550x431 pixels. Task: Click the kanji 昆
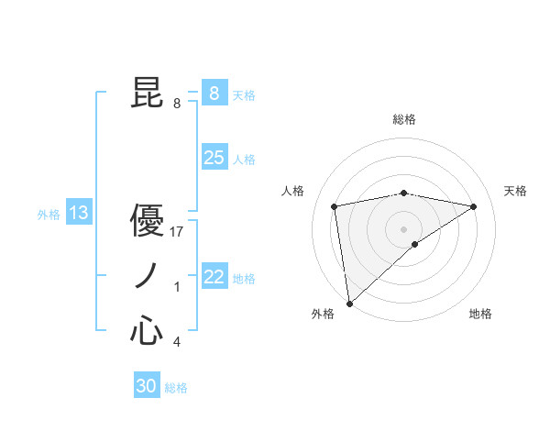(147, 94)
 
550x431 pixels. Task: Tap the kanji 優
(147, 221)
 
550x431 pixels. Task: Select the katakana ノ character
(147, 276)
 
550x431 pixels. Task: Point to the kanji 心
(147, 331)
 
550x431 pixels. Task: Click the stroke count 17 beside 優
(178, 232)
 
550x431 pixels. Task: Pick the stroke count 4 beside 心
(177, 342)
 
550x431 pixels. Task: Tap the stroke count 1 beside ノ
(177, 287)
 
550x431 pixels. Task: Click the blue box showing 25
(214, 158)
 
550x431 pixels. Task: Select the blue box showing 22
(214, 277)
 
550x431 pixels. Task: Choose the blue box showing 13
(78, 214)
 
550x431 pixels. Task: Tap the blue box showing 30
(147, 386)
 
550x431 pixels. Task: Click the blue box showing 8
(214, 94)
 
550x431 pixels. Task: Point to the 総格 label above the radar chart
(403, 119)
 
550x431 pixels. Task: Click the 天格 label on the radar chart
(516, 191)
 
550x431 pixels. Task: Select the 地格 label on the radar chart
(480, 314)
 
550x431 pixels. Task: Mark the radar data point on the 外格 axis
(349, 303)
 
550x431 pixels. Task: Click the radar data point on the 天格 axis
(473, 206)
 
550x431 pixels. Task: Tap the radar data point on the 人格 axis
(335, 206)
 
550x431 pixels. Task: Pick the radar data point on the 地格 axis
(415, 244)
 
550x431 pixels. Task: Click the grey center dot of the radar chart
(403, 228)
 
